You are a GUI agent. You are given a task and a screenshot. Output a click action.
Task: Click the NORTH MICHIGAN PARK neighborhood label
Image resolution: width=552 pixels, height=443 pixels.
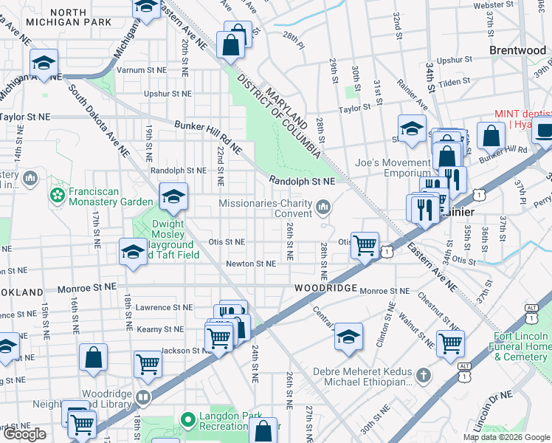click(81, 17)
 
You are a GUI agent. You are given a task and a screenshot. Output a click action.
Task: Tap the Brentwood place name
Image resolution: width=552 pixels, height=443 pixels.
click(517, 50)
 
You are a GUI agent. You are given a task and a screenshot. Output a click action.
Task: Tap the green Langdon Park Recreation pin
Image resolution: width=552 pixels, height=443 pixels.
click(188, 420)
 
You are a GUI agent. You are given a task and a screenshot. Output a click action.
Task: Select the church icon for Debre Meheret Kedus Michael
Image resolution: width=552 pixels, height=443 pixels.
click(424, 376)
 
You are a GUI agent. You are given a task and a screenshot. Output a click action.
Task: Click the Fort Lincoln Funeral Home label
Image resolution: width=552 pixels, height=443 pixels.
click(520, 346)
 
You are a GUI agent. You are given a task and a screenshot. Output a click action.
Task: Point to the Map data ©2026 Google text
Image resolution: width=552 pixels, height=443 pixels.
click(506, 437)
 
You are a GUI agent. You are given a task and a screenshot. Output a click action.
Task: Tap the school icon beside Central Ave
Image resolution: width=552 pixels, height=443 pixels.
click(348, 337)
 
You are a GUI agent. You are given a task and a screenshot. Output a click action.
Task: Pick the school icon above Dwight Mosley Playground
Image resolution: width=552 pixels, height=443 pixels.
click(173, 196)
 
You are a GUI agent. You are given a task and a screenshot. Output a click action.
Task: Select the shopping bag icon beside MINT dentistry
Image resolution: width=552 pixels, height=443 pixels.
click(491, 136)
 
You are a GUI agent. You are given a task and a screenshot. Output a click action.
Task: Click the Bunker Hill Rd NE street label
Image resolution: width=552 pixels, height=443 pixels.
click(207, 137)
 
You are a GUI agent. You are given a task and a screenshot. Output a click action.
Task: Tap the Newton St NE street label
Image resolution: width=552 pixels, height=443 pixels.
click(250, 263)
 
